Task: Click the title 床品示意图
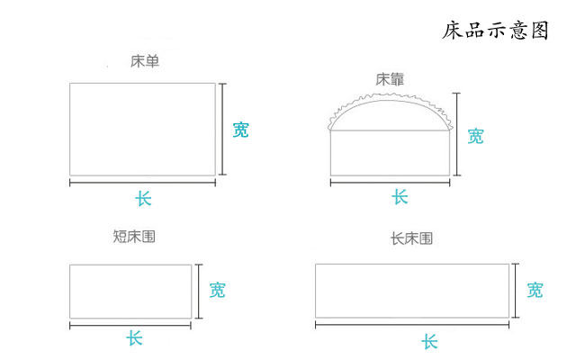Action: pyautogui.click(x=495, y=31)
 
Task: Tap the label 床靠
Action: pyautogui.click(x=390, y=79)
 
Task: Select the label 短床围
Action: pyautogui.click(x=134, y=237)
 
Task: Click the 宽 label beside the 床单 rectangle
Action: pyautogui.click(x=240, y=129)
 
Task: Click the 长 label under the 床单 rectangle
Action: pyautogui.click(x=143, y=198)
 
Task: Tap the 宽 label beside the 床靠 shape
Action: pyautogui.click(x=475, y=136)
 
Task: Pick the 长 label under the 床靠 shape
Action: pyautogui.click(x=400, y=197)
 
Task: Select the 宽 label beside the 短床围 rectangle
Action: pyautogui.click(x=217, y=290)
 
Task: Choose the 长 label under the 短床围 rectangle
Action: pyautogui.click(x=134, y=338)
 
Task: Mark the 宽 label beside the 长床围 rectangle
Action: pyautogui.click(x=535, y=290)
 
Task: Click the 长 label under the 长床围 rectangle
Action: pyautogui.click(x=429, y=341)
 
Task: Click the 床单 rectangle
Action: pyautogui.click(x=142, y=129)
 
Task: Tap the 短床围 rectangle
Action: pyautogui.click(x=130, y=291)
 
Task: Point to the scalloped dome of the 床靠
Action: pyautogui.click(x=391, y=110)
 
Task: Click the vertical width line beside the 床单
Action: pyautogui.click(x=224, y=129)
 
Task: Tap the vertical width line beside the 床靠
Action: pyautogui.click(x=458, y=134)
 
